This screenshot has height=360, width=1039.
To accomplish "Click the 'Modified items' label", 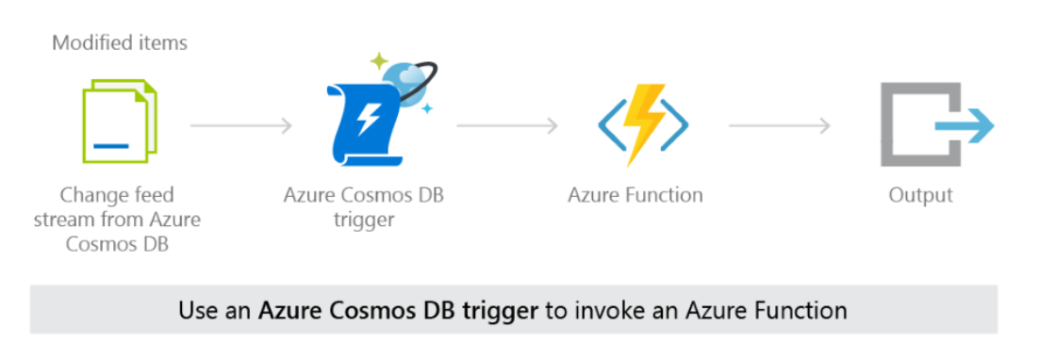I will (120, 42).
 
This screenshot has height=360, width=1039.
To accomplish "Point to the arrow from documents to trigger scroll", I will (241, 123).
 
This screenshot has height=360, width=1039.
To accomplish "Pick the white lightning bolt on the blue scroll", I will (368, 123).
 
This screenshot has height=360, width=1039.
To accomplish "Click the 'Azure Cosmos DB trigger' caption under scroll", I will (364, 206).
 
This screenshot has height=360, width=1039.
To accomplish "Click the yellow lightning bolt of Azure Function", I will (644, 121).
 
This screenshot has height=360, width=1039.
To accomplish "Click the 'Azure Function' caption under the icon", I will (635, 195).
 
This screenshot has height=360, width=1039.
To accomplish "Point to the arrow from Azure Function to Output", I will (780, 123).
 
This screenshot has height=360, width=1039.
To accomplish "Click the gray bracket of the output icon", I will (900, 123).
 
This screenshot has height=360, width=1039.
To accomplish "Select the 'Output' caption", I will (920, 195).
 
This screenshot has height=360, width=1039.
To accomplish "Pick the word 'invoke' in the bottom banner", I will (601, 309).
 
